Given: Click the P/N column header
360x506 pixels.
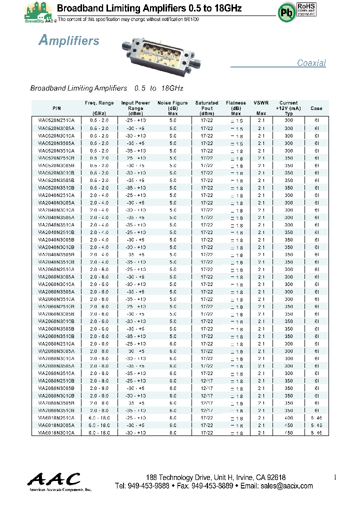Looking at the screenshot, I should coord(56,108).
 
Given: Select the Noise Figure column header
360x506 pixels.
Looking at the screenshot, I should coord(172,108).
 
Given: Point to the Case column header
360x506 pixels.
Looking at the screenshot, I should coord(316,108).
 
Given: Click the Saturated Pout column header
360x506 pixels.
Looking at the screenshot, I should coord(206,108).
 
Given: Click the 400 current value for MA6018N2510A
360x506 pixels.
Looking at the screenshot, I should coord(288,418).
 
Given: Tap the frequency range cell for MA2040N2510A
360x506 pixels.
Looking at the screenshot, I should coord(99,195).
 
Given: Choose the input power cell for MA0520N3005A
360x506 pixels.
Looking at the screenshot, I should coord(135,128).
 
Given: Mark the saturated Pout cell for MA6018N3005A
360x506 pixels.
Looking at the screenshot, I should coord(206,425).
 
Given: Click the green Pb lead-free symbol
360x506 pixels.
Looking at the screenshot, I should coord(287,13).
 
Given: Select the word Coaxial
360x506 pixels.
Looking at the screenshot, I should coord(311,63).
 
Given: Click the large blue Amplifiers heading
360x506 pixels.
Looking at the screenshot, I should coord(69,41).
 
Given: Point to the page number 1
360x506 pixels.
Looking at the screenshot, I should coord(334,477).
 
